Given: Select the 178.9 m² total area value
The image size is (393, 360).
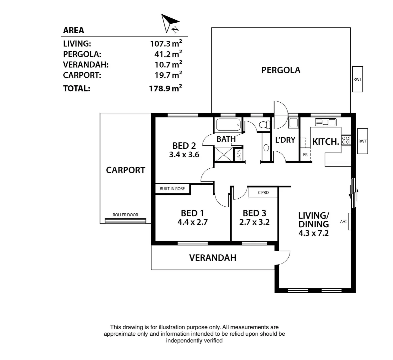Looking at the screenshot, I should coord(165,88).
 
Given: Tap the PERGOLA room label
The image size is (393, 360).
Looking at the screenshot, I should coord(281,70).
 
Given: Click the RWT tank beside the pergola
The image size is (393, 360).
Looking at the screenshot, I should coord(357,79).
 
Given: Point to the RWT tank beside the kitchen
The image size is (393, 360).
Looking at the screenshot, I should coord(362,141).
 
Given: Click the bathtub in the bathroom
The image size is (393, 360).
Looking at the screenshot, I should coord(228,125).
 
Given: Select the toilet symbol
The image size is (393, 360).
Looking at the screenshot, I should coord(265,125).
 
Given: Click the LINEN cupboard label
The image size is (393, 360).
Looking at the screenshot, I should coord(239,155).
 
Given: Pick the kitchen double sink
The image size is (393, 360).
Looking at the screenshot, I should coord(325,122).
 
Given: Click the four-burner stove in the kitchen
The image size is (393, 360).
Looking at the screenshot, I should coord(346,140).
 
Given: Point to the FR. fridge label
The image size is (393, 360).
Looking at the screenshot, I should coord(305,155).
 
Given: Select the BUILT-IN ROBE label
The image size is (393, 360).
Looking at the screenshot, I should coord(172,189).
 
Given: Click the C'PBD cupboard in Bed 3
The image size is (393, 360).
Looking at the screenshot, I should coord(263,192).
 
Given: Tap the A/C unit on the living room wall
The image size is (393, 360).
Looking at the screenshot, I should coord(349,221).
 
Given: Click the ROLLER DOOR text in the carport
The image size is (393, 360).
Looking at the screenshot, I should coord(125,215).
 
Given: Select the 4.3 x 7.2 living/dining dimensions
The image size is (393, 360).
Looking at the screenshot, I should coord(314,233).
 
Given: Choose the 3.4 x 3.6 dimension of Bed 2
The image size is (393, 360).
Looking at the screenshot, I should coord(184,154).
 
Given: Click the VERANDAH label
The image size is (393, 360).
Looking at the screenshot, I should coord(213,257).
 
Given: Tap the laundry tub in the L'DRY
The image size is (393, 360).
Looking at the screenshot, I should coord(293,123).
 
